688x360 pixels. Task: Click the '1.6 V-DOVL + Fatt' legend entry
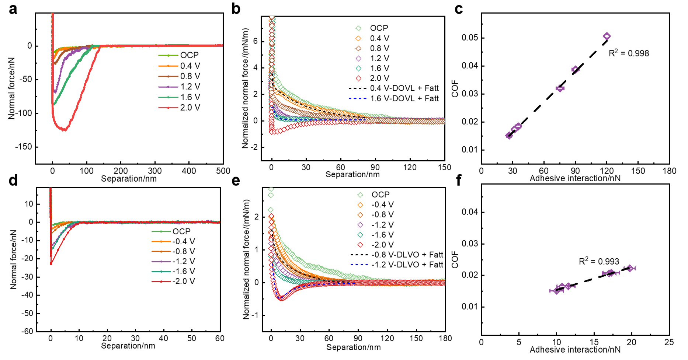(394, 98)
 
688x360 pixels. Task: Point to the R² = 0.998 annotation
(629, 53)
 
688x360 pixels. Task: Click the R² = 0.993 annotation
(599, 261)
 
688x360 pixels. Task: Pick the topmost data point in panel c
(607, 36)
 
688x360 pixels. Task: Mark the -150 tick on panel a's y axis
(24, 147)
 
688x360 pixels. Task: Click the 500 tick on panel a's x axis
(223, 171)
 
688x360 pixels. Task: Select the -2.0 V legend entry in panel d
(173, 282)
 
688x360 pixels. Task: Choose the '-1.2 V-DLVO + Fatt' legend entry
(397, 265)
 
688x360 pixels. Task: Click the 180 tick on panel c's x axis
(669, 171)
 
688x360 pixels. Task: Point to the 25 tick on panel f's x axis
(669, 342)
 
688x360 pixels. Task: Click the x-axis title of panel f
(575, 349)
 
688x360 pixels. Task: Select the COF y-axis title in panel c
(455, 88)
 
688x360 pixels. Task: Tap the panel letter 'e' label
(236, 180)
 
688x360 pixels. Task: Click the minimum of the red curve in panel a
(64, 130)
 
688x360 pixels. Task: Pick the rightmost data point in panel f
(630, 268)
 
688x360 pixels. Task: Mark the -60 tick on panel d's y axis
(27, 331)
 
